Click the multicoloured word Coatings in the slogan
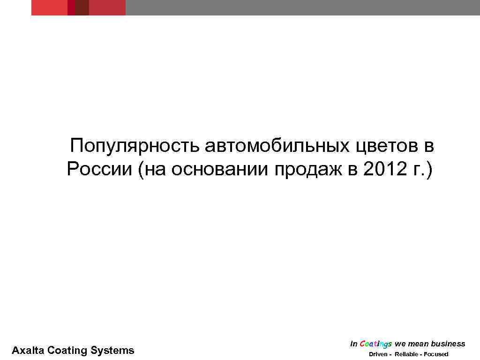coord(376,344)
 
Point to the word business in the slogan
coord(448,344)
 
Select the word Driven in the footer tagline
coord(378,354)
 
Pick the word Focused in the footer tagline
coord(436,354)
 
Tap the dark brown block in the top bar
coord(82,7)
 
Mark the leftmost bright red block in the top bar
coord(49,7)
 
